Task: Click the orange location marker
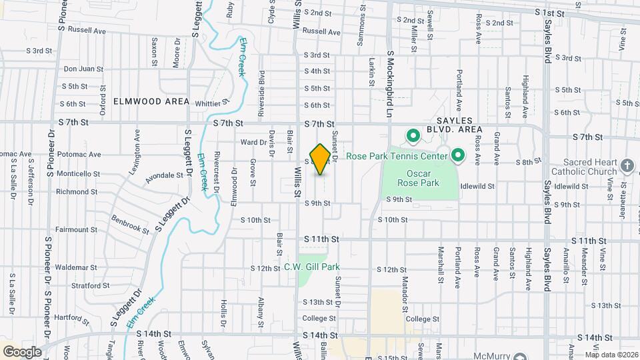pos(320,159)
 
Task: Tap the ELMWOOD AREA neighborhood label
pos(152,101)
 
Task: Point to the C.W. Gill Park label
pos(312,267)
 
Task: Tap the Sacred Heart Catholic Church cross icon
pos(627,164)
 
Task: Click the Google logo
pos(21,351)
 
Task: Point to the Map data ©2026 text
pos(610,355)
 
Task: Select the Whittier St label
pos(212,103)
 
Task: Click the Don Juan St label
pos(83,69)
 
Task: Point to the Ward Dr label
pos(253,142)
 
